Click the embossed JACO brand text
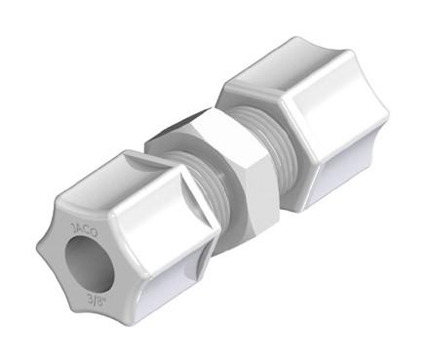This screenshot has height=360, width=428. click(x=84, y=230)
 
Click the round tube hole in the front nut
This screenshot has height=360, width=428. click(x=90, y=263)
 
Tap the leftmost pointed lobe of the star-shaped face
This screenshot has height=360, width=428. click(x=42, y=248)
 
